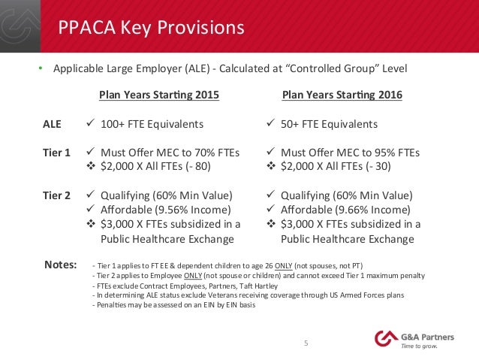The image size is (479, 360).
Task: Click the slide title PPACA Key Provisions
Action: [152, 28]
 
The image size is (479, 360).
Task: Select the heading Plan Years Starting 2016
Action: [342, 95]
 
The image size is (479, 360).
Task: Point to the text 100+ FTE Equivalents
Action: [158, 124]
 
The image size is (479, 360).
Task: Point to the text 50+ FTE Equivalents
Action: [335, 124]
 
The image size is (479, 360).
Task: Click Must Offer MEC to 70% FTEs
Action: [169, 152]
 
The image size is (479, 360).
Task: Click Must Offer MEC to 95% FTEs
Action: [349, 152]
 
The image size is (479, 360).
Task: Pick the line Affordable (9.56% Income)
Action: [167, 209]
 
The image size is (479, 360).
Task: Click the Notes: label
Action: [61, 265]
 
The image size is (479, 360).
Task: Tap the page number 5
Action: [305, 343]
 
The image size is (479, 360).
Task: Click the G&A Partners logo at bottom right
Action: [413, 340]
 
